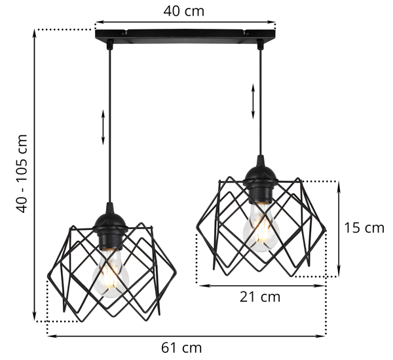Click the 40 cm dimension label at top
(183, 11)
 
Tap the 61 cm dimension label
(181, 348)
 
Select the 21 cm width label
(260, 297)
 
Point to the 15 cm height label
(364, 228)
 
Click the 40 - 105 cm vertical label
(22, 173)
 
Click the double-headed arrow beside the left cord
(103, 127)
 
